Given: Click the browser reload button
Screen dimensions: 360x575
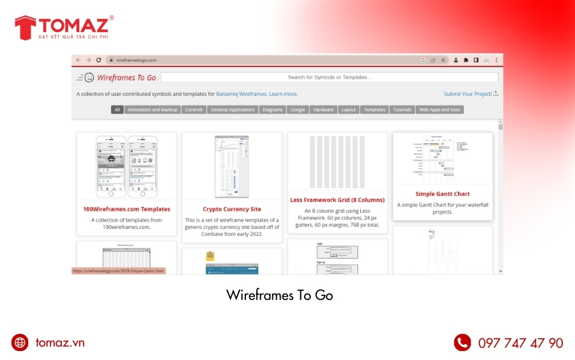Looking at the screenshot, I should [98, 60].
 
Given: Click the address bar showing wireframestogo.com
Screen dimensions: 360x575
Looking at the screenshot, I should [256, 60].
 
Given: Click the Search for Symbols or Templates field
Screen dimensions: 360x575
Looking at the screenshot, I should [329, 77].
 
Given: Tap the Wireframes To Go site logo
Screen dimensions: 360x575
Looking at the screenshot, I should [118, 77].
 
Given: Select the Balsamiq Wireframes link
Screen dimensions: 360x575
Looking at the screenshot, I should [241, 94].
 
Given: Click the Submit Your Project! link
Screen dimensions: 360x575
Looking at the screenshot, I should [468, 94].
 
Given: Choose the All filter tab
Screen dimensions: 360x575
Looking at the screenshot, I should [117, 110].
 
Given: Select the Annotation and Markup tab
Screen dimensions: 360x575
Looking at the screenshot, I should [153, 110].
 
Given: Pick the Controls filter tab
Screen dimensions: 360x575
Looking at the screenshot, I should [194, 110].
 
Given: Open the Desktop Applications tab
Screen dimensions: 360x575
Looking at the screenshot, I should [233, 110].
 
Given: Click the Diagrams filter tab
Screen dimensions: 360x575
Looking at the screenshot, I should [272, 110].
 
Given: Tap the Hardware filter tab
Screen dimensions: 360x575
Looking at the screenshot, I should [323, 110].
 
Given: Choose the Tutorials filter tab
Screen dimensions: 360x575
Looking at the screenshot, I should [402, 110].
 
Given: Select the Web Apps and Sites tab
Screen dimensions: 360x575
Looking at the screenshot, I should [440, 110].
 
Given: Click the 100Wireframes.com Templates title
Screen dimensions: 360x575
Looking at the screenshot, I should [126, 209].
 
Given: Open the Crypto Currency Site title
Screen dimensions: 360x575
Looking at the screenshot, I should [232, 209].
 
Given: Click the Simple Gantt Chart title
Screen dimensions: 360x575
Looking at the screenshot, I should [442, 194].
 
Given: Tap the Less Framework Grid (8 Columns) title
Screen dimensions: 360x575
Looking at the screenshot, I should [337, 200].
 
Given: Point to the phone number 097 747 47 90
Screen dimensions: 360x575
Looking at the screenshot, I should [521, 343].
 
